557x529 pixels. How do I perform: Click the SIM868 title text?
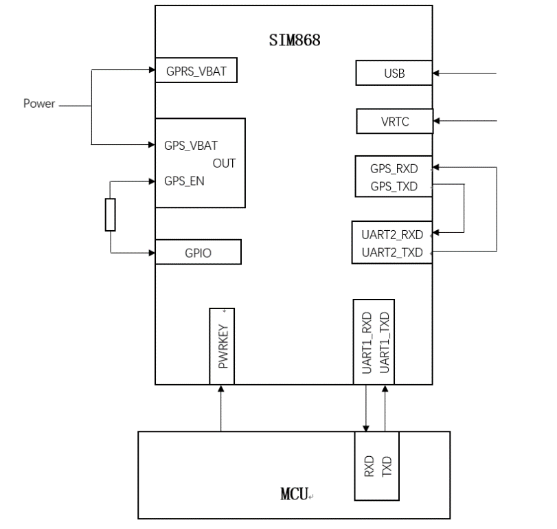point(295,39)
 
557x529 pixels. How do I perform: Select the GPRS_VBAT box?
point(196,70)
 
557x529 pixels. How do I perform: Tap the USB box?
point(394,73)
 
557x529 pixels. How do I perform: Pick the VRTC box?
point(394,122)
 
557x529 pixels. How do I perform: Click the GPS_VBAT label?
point(191,146)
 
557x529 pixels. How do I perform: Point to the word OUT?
point(224,164)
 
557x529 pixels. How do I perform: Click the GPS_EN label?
point(184,181)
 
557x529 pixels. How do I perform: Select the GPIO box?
point(198,252)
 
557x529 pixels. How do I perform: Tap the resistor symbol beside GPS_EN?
point(110,214)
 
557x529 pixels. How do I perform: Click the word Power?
point(39,104)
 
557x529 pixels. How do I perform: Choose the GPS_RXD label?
point(394,168)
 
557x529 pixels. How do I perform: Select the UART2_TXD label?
point(390,251)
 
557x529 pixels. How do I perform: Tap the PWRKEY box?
point(222,346)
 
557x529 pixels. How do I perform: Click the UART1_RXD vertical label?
point(366,342)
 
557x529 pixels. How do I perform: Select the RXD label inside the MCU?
point(369,466)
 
